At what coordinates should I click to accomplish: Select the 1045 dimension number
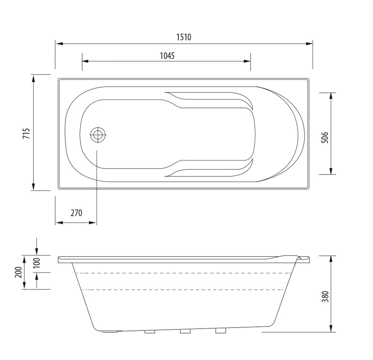167,56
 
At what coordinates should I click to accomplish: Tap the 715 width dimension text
26,133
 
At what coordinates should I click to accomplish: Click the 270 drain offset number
76,213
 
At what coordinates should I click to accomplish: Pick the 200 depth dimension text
18,272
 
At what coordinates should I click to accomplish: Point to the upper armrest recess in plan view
209,99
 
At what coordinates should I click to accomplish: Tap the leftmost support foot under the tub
150,332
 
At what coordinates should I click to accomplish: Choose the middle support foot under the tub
185,331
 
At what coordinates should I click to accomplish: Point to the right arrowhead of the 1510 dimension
309,44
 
